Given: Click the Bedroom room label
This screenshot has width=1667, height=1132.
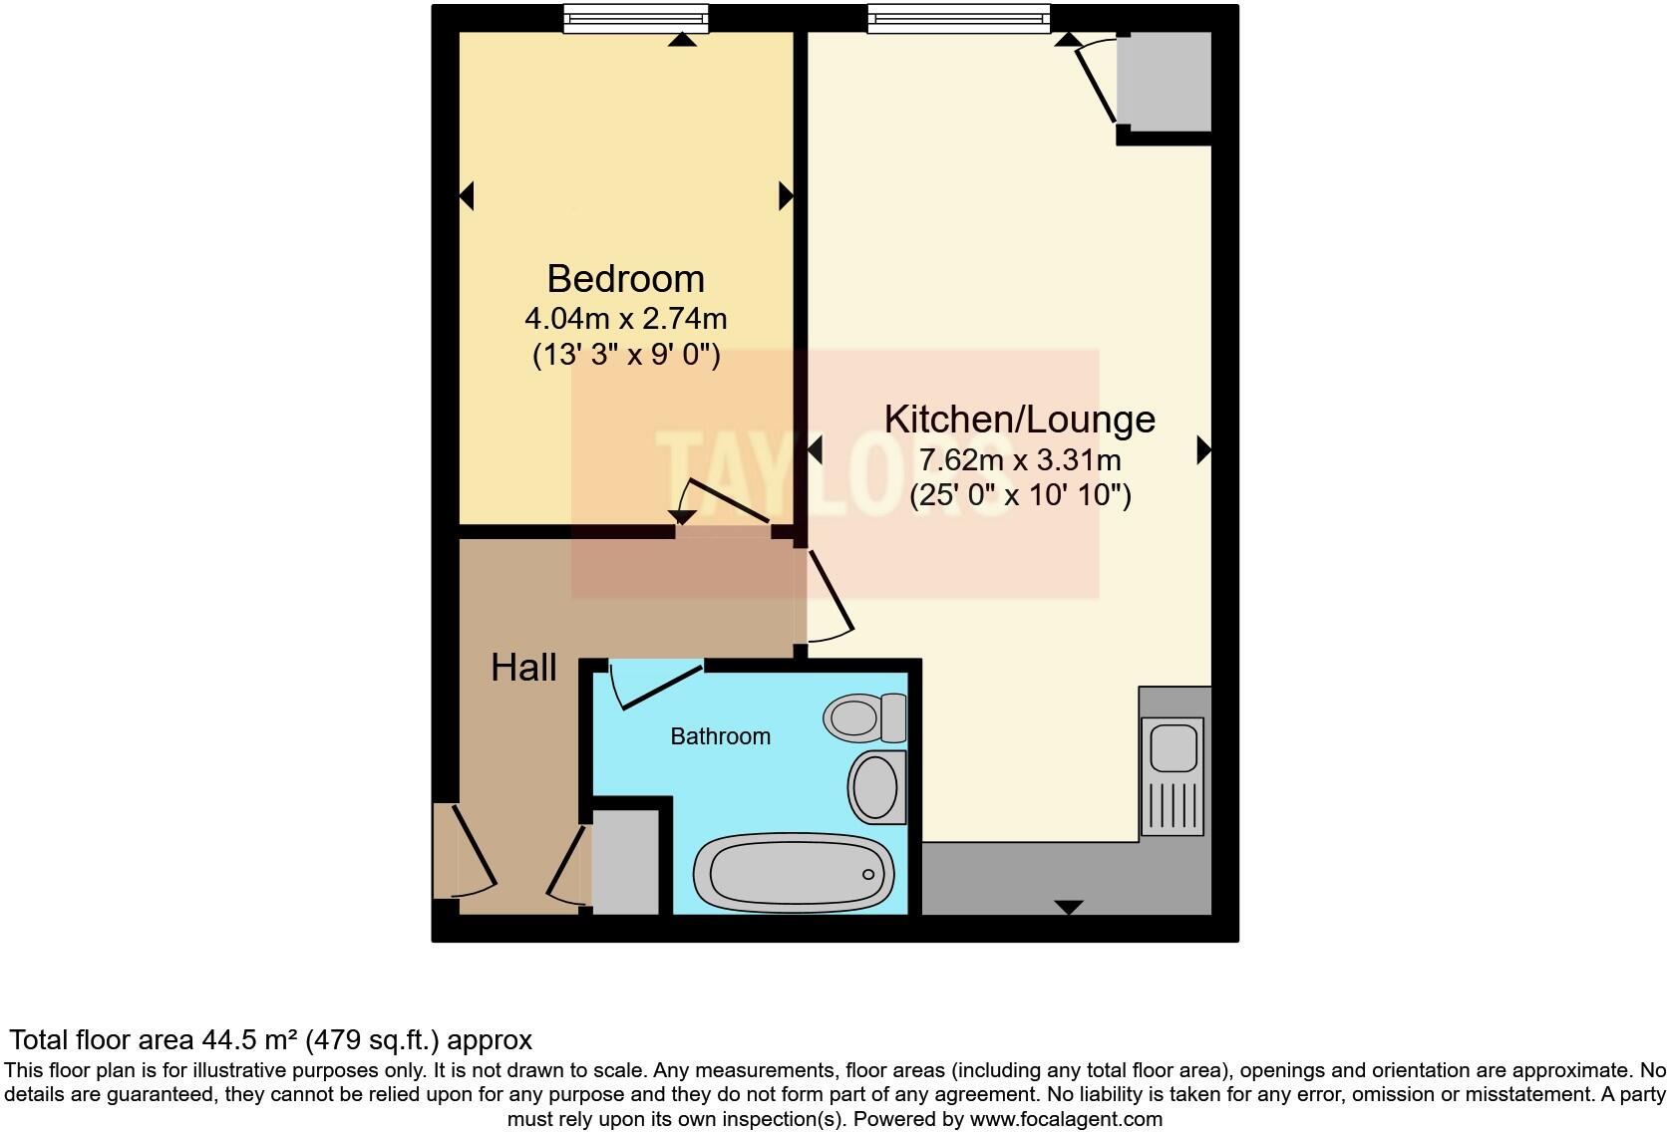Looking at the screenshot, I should point(625,278).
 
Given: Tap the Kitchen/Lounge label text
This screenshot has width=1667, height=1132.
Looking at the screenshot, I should point(1019,419).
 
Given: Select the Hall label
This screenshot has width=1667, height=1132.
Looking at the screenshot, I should point(523,667).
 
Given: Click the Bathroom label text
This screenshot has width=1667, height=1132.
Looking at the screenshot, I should point(720,736).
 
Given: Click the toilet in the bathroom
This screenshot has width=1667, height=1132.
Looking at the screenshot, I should point(863,716).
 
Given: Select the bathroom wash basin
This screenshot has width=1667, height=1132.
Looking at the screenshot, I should point(876,787).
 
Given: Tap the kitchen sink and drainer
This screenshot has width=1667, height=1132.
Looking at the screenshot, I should point(1174,775).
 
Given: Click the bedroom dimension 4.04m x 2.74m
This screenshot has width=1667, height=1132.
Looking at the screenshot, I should point(625,319).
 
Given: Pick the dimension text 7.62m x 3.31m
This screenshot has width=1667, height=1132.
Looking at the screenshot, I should point(1019,460).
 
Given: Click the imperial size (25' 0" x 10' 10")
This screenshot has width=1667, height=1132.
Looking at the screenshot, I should point(1019,495).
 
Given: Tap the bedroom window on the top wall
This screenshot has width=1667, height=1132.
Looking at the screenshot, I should point(635,18).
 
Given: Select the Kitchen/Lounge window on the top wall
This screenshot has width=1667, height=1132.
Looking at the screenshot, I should point(958,18).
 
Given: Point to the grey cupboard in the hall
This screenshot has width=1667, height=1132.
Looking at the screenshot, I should point(625,862).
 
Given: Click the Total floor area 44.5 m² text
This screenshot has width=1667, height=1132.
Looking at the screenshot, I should point(271,1040).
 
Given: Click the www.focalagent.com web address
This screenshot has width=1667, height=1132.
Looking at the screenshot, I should point(1065,1119).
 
